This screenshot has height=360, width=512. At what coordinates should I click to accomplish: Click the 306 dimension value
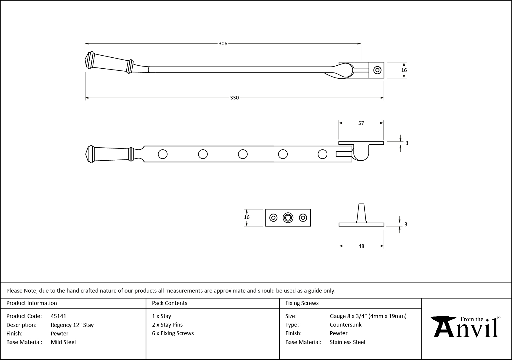tap(223, 44)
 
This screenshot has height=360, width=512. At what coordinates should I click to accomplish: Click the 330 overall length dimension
tap(234, 98)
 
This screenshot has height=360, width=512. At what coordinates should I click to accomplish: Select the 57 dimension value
tap(361, 123)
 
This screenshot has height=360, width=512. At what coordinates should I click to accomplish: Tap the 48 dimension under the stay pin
tap(361, 246)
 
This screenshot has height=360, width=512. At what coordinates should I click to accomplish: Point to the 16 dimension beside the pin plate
tap(247, 217)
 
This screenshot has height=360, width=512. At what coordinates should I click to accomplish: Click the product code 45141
tap(59, 316)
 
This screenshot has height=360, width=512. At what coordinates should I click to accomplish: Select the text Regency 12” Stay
tap(72, 325)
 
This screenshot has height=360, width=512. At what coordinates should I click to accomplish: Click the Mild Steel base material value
tap(63, 342)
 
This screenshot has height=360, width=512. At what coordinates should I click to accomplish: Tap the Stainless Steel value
tap(347, 342)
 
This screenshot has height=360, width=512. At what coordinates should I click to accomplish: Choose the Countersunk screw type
tap(346, 325)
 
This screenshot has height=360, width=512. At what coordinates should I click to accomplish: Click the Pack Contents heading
tap(170, 303)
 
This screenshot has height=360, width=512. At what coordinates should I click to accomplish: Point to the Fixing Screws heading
tap(302, 303)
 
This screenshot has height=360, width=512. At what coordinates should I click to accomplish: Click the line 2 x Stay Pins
tap(167, 325)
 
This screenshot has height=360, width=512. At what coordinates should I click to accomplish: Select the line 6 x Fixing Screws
tap(173, 333)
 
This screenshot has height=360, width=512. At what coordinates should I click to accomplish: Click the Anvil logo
tap(466, 327)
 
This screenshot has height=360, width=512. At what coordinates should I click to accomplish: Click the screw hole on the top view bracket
tap(377, 70)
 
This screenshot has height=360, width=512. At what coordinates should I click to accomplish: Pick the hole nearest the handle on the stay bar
tap(163, 154)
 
